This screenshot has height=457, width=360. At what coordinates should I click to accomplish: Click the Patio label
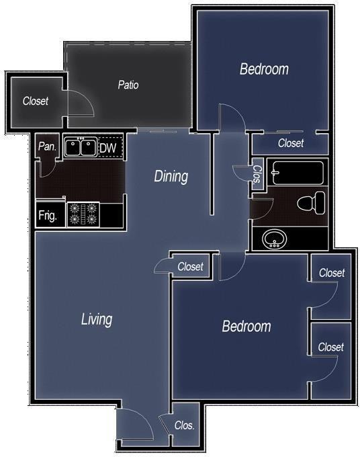click(128, 85)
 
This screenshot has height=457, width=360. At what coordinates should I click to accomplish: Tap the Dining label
click(171, 177)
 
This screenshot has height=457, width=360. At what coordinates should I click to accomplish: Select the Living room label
click(96, 319)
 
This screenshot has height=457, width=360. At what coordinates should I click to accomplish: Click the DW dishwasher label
click(108, 148)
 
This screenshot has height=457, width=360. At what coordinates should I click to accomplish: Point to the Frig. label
click(48, 216)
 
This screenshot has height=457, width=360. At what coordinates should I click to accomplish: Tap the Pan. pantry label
click(46, 147)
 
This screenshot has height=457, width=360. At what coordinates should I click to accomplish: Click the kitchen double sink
click(80, 147)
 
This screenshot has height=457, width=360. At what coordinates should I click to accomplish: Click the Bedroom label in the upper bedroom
click(264, 69)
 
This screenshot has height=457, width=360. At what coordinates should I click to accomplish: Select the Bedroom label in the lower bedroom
click(246, 327)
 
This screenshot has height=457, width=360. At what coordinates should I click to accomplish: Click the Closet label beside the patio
click(36, 101)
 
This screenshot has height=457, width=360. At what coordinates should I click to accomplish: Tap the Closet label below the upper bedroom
click(291, 143)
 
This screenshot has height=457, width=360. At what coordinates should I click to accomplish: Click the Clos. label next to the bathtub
click(257, 174)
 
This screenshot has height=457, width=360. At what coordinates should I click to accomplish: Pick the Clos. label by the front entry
click(184, 425)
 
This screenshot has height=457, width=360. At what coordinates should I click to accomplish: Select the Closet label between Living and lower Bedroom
click(190, 267)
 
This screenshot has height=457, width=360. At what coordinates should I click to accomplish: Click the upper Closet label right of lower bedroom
click(331, 273)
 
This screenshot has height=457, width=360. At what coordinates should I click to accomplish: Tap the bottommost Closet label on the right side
click(331, 347)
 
